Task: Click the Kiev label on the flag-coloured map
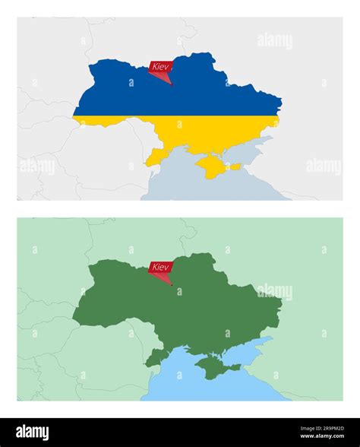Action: [160, 67]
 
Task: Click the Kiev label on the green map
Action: [160, 267]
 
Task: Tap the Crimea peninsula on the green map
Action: [214, 366]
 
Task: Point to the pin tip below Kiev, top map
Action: [171, 84]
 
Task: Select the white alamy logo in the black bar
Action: [36, 432]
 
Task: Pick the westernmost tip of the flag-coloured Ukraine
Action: [74, 116]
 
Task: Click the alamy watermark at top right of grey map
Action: [274, 41]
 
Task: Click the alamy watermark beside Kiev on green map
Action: [274, 291]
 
